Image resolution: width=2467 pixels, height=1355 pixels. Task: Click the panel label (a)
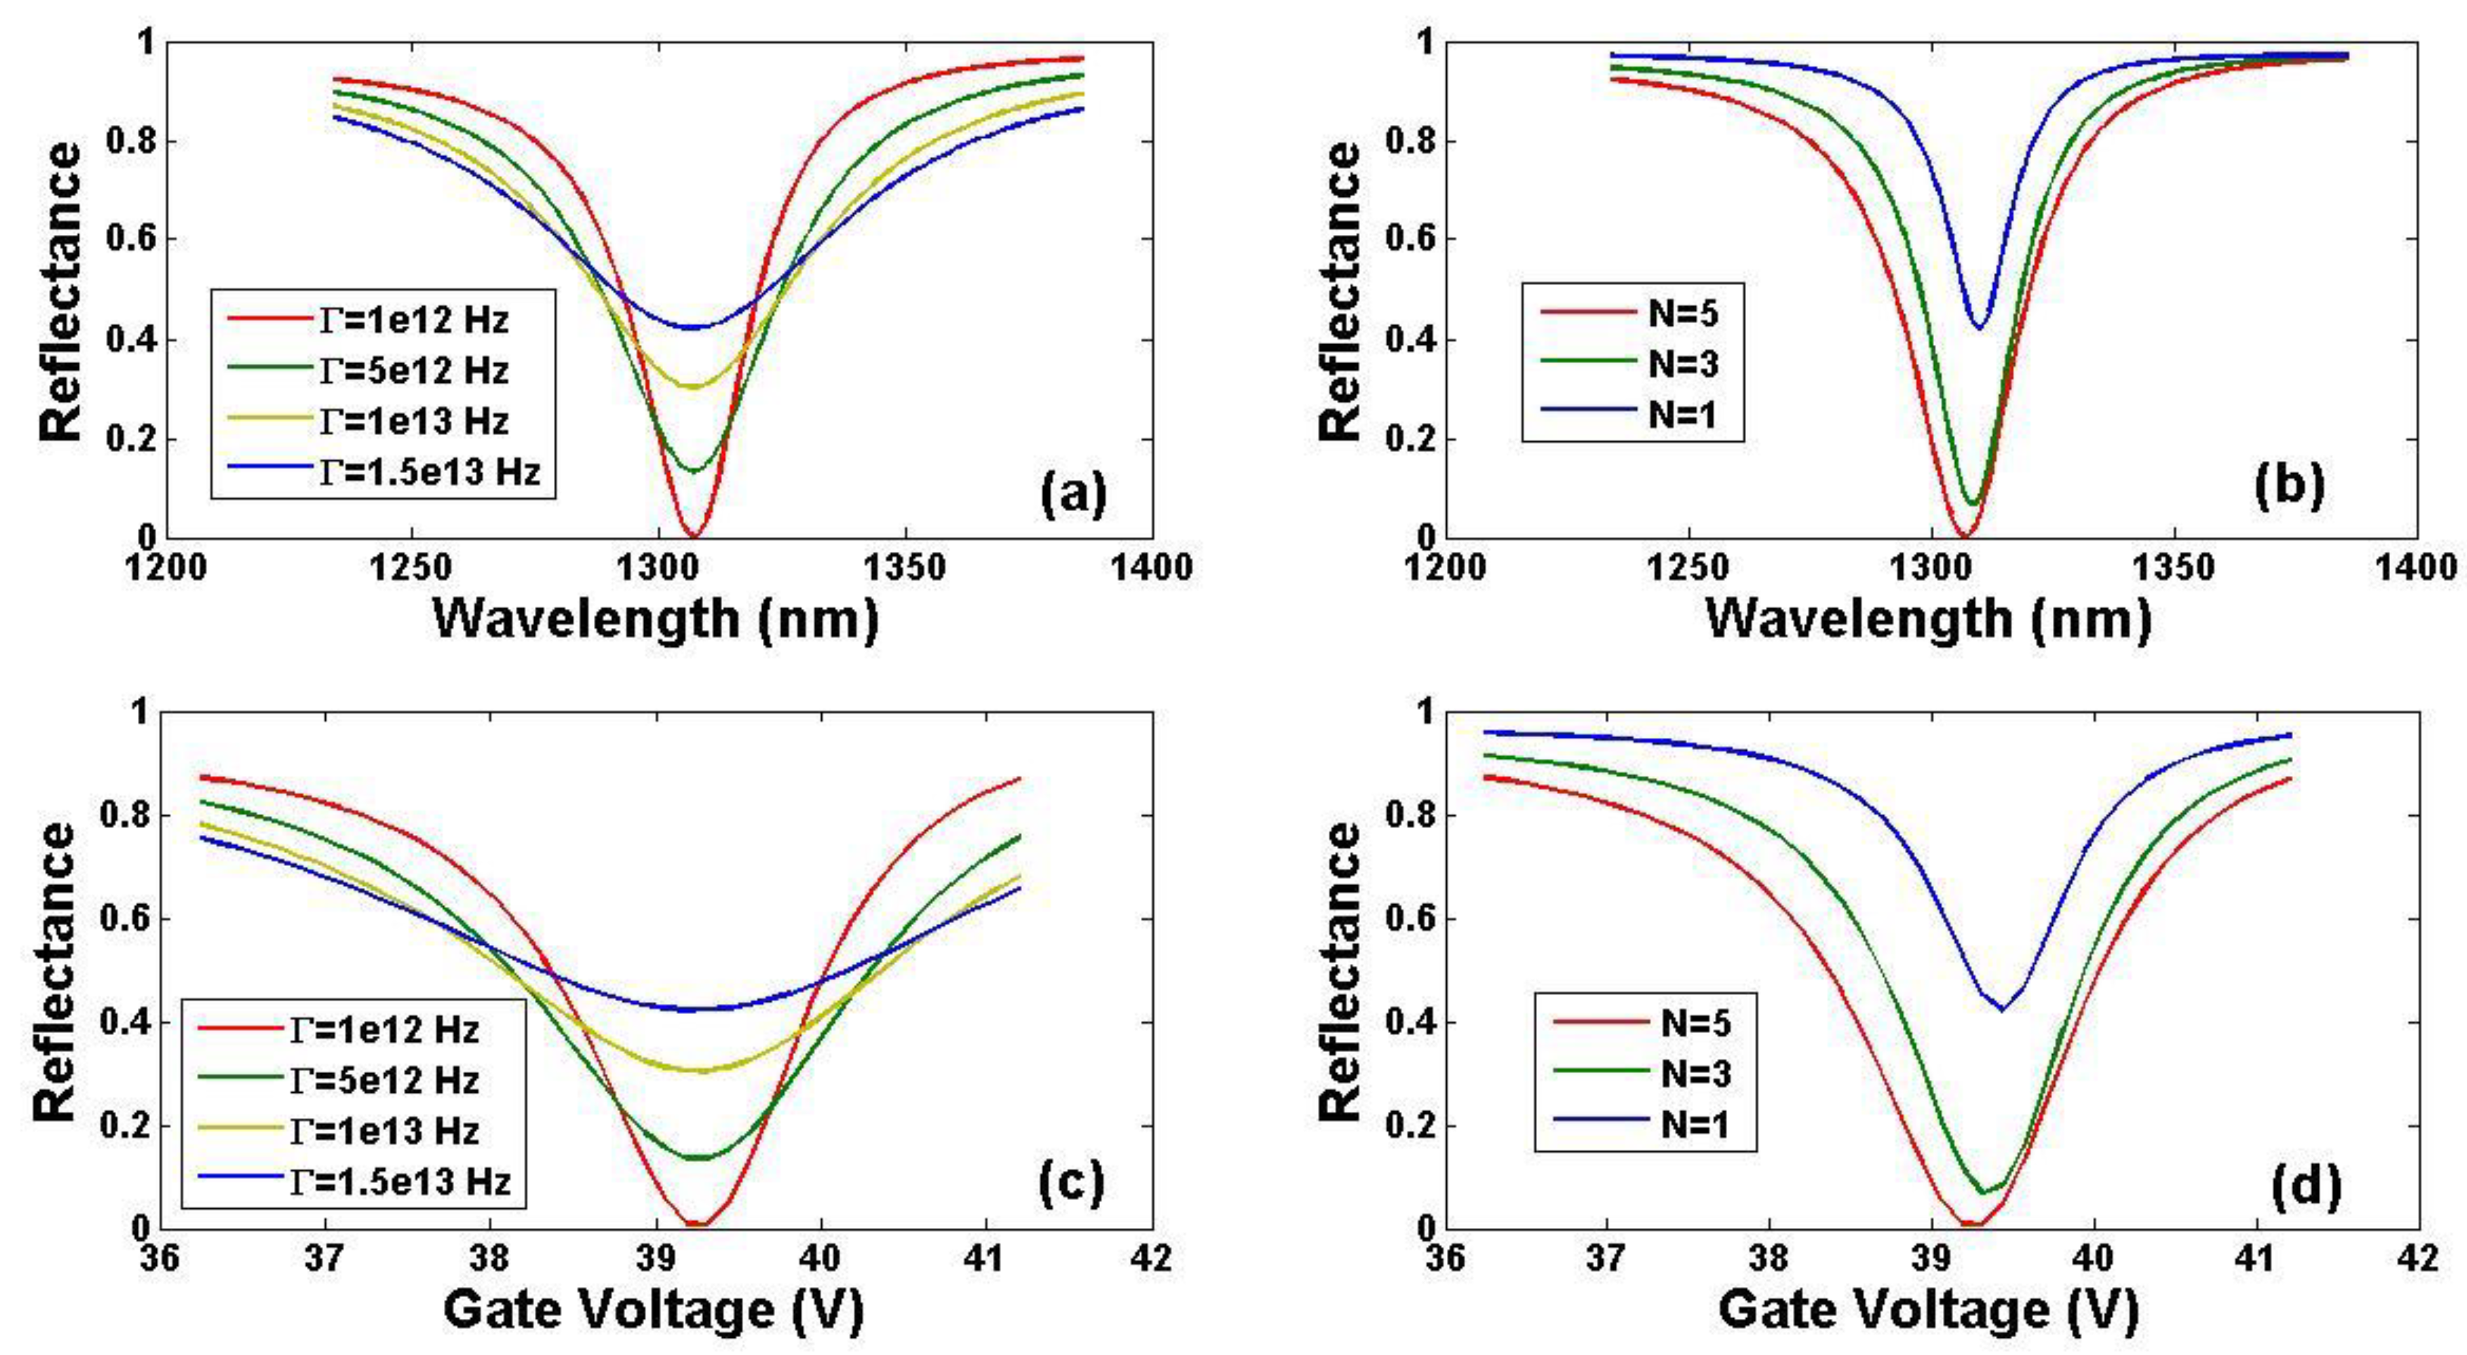click(x=1073, y=494)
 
